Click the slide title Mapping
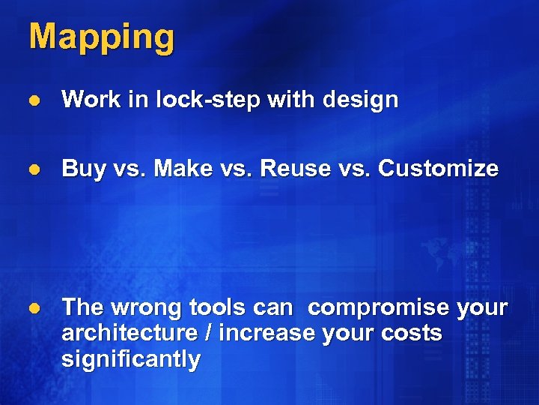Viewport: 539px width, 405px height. coord(101,37)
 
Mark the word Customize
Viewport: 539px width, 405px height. coord(438,169)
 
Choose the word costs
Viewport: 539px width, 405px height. coord(410,333)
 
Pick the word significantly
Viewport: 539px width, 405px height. coord(131,359)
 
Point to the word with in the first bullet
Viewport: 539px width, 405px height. coord(284,100)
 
